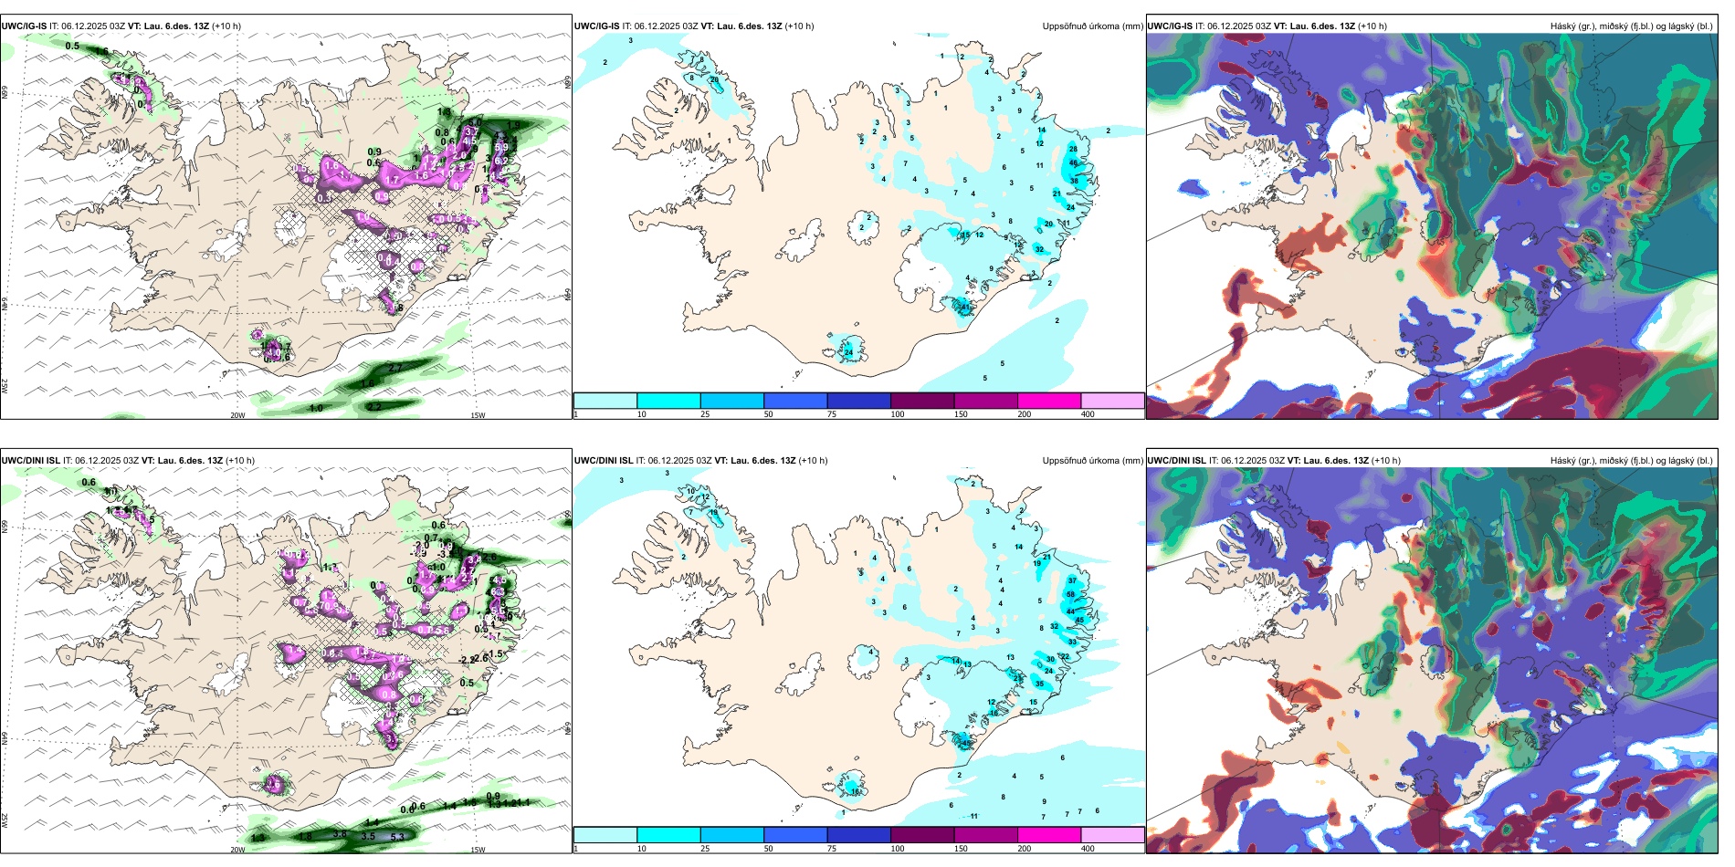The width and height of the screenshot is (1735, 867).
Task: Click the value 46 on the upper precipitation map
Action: click(1074, 162)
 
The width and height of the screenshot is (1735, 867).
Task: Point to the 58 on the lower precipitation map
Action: click(1070, 594)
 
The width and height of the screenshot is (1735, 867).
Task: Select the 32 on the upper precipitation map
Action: click(1039, 249)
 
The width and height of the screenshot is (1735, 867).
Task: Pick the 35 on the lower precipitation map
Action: click(1039, 684)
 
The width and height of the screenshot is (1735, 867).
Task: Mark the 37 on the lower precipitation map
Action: click(1071, 580)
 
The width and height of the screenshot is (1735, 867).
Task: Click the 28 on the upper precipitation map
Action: click(1073, 149)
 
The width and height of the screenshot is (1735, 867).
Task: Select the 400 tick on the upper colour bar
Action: click(1088, 414)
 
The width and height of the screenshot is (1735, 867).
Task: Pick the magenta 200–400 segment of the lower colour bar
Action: click(1049, 835)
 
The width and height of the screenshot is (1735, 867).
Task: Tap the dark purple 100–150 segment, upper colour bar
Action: click(922, 401)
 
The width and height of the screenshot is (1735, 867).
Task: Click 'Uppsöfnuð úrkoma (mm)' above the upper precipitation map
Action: click(1092, 26)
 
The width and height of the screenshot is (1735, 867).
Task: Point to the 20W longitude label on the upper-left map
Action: click(237, 415)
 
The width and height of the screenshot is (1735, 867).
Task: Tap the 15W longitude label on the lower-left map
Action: click(478, 850)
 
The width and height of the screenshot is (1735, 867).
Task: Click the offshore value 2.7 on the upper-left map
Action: click(396, 368)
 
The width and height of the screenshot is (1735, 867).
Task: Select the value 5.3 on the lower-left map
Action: click(397, 837)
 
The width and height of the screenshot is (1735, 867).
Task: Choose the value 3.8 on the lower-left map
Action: click(339, 834)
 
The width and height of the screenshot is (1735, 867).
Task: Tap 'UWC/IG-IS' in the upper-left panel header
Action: click(24, 26)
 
